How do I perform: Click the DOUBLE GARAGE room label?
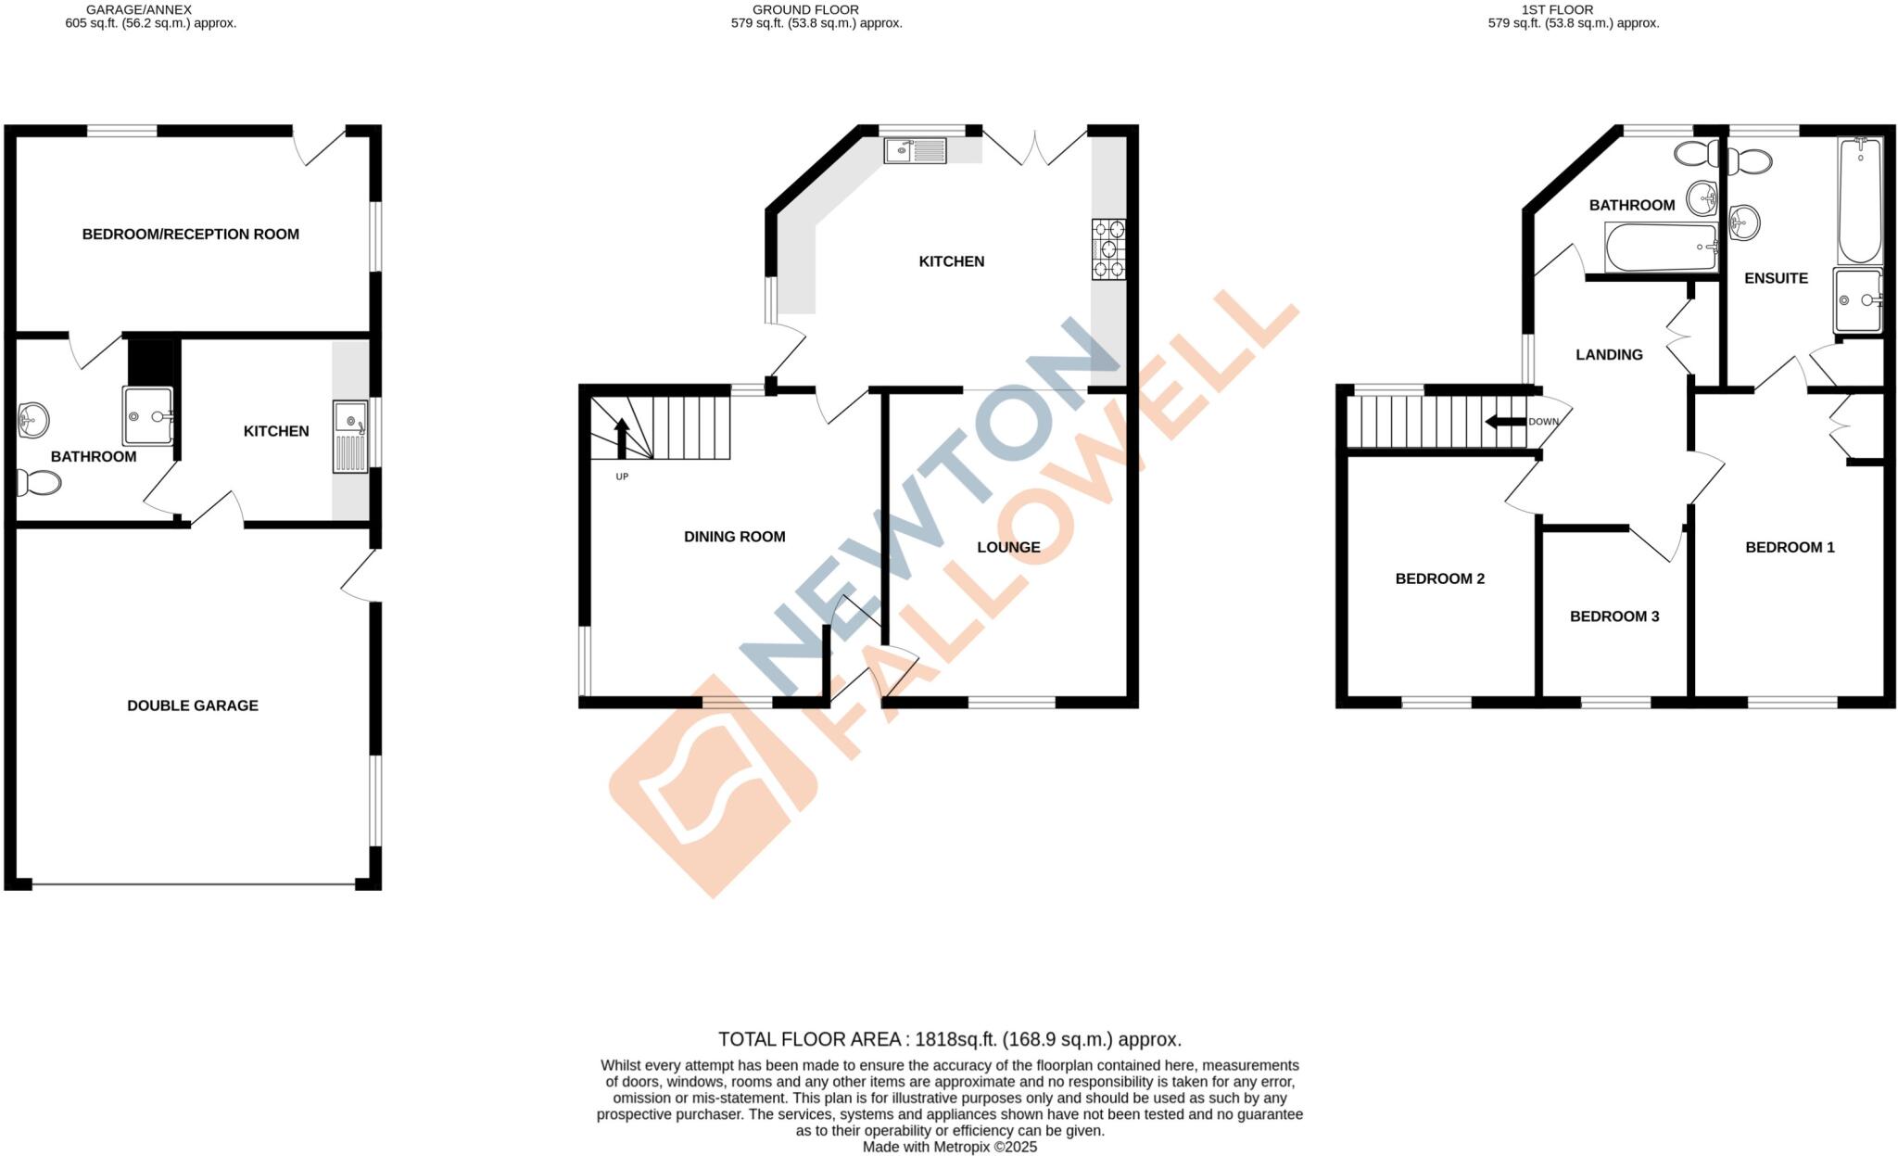tap(193, 705)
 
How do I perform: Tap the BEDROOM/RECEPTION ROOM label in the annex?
tap(191, 235)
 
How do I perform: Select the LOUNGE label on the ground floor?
tap(1008, 547)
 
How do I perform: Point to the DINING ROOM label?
tap(734, 537)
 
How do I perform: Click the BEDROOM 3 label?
tap(1614, 616)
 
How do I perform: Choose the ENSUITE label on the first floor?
tap(1776, 278)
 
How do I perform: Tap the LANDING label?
tap(1609, 355)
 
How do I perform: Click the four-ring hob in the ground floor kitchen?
tap(1108, 248)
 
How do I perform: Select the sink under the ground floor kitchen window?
tap(915, 150)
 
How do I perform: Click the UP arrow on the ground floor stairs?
tap(621, 438)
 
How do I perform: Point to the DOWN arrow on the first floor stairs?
tap(1506, 422)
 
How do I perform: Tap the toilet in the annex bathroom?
tap(39, 482)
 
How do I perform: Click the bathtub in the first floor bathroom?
tap(1661, 247)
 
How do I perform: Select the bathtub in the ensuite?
tap(1859, 200)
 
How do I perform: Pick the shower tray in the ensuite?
tap(1857, 300)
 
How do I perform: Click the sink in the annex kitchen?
tap(350, 437)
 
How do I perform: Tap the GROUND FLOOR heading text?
tap(804, 9)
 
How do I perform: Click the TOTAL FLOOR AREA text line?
tap(949, 1039)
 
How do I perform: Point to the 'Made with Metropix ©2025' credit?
tap(949, 1148)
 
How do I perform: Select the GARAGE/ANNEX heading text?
tap(139, 9)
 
